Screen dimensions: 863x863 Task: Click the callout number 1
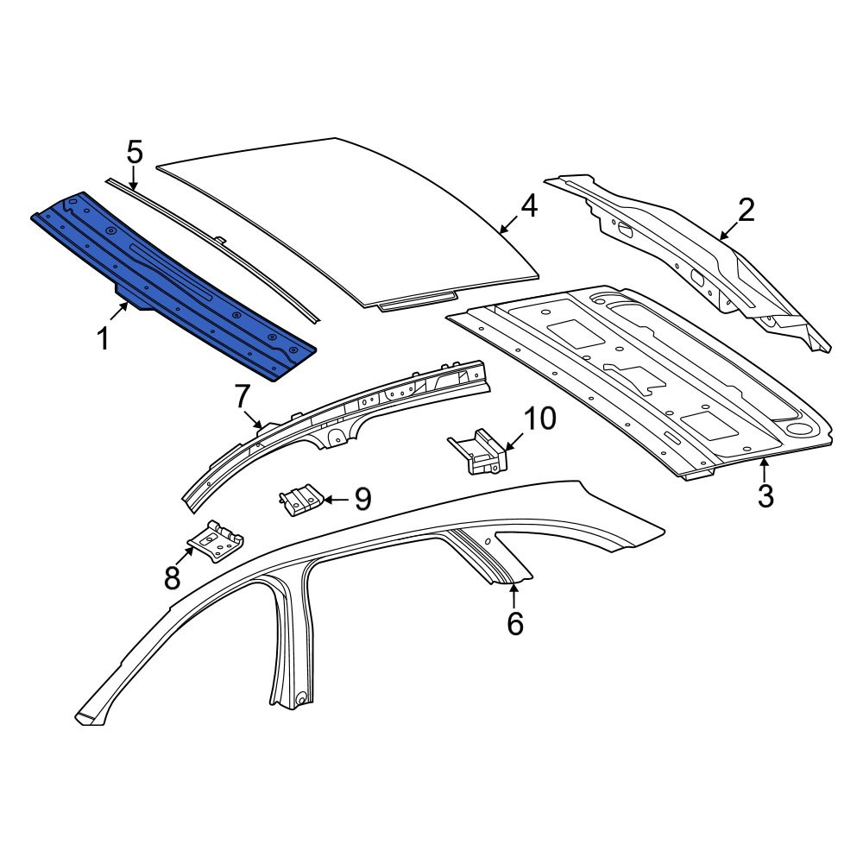pos(103,338)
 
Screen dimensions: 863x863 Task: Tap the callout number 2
pos(746,211)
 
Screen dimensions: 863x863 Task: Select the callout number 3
pos(765,495)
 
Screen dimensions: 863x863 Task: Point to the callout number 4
pos(528,205)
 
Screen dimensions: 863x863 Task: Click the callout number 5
pos(135,152)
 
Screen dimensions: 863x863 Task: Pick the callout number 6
pos(515,624)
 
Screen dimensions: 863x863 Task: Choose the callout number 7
pos(243,397)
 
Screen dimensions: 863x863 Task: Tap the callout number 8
pos(173,578)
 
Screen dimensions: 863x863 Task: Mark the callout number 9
pos(362,499)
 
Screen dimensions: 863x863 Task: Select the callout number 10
pos(539,419)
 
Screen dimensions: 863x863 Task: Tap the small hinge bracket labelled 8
pos(216,541)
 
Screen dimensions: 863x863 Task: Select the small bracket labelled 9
pos(300,501)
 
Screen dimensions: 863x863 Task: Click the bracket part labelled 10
pos(478,450)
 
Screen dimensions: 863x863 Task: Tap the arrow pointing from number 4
pos(508,224)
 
